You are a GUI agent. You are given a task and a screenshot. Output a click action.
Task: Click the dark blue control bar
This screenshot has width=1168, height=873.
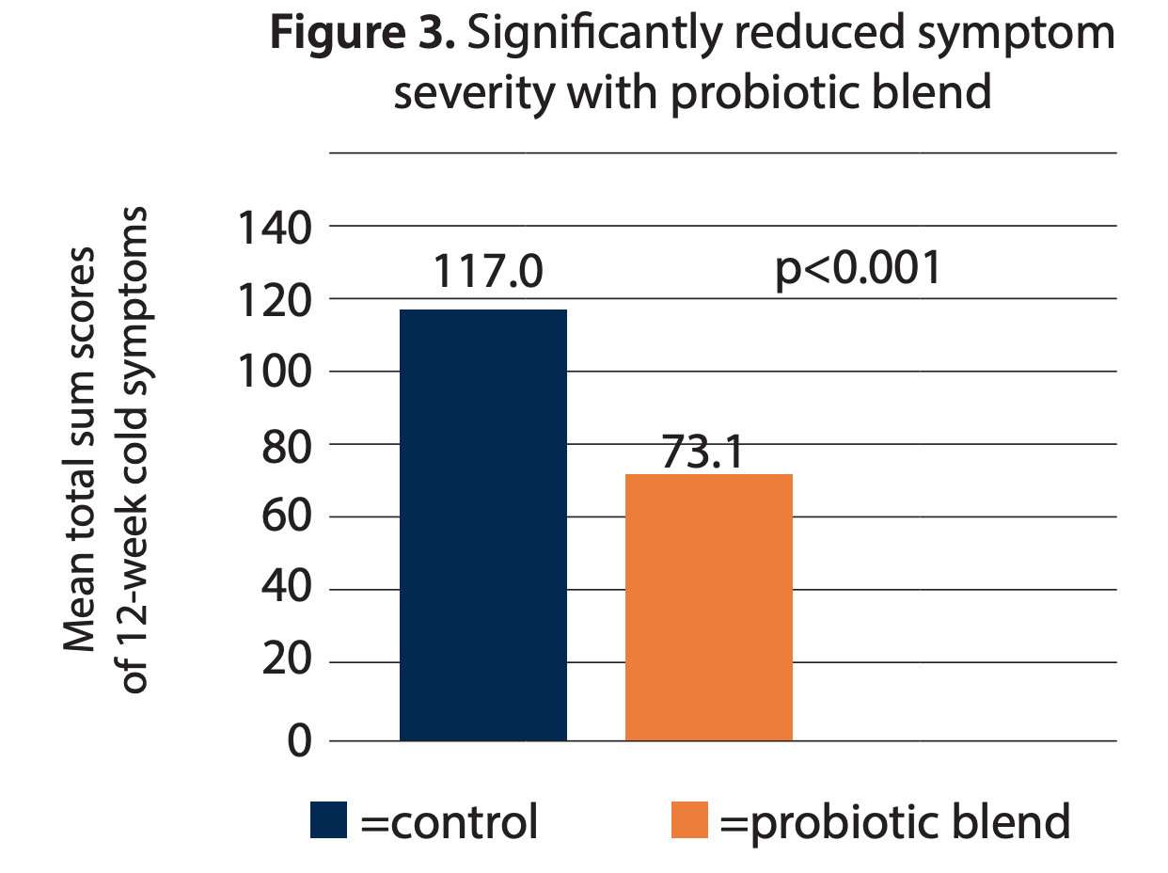point(482,525)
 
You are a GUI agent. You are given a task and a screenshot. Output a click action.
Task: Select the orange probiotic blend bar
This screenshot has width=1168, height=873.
point(708,607)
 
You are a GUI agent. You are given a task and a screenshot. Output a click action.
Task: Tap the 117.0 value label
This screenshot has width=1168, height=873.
point(487,274)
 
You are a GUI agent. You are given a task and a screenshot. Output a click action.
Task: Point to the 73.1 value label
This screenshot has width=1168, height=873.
point(702,452)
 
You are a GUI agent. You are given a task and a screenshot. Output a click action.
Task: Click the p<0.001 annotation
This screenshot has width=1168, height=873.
point(858,269)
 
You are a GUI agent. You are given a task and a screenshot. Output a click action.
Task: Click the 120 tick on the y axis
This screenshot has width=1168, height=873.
point(274,300)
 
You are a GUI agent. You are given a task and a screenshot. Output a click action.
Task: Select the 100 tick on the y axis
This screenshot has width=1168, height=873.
point(274,373)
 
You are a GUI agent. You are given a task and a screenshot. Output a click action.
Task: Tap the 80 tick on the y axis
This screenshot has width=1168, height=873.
point(286,445)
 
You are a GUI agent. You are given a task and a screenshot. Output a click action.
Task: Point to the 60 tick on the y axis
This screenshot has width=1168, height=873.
point(286,517)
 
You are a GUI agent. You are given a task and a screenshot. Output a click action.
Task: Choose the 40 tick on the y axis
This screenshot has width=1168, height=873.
point(286,590)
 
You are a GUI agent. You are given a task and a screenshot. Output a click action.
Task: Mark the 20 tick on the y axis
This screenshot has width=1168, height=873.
point(286,662)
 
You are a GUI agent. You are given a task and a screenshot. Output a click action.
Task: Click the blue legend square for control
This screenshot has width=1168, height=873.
point(329,820)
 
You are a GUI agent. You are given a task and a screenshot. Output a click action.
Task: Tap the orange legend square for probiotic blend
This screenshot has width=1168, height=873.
point(689,820)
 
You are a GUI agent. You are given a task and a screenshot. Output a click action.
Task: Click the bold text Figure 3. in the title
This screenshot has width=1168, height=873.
point(362,35)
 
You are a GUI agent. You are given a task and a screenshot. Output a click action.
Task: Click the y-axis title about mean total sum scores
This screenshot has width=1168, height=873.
point(105,452)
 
